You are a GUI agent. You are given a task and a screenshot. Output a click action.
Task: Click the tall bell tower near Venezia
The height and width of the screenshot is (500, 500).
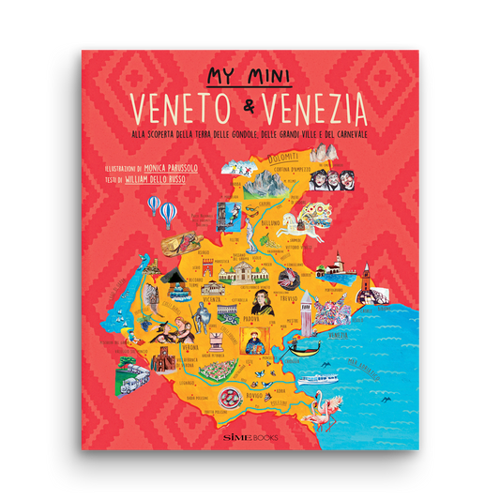click(x=366, y=277)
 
